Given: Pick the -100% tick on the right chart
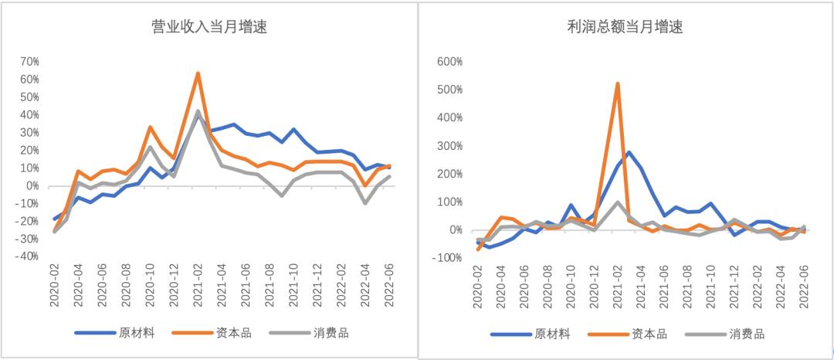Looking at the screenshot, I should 446,258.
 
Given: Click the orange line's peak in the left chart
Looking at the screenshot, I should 198,73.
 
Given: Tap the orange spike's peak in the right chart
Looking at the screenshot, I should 618,83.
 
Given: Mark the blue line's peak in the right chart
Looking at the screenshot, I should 629,152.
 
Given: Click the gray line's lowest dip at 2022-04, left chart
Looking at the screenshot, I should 365,203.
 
